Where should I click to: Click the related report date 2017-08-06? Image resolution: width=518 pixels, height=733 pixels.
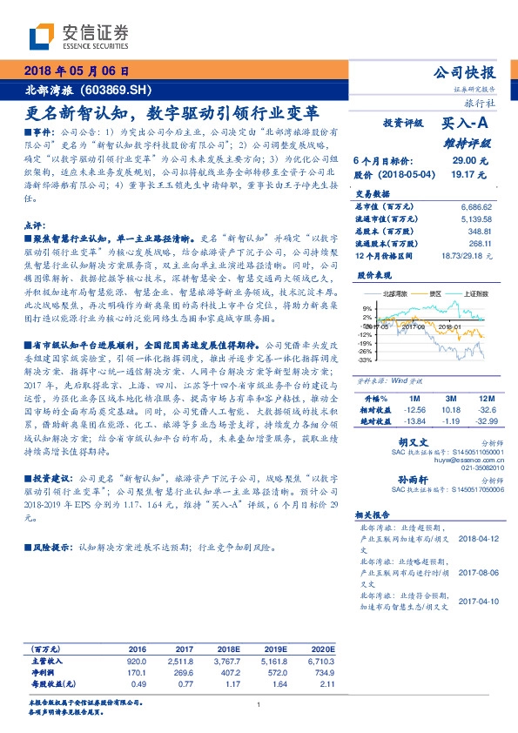click(478, 572)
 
